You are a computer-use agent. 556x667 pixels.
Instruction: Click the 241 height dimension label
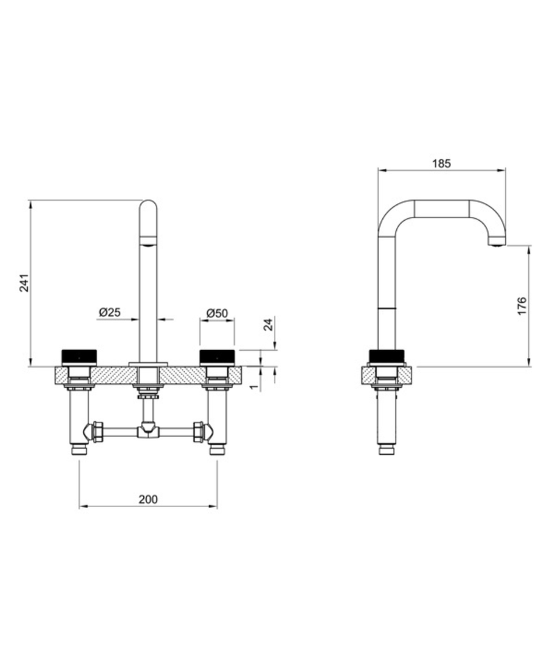point(25,283)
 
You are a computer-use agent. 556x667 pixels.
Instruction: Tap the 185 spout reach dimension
point(441,163)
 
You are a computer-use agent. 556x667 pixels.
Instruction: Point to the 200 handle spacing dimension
point(148,499)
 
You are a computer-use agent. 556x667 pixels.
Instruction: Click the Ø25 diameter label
point(110,313)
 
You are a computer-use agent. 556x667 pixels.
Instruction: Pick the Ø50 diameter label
point(217,313)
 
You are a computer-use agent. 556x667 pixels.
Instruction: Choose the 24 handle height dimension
point(268,325)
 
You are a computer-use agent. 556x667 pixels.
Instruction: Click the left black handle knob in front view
point(80,356)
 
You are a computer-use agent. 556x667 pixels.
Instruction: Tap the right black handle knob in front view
point(217,356)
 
